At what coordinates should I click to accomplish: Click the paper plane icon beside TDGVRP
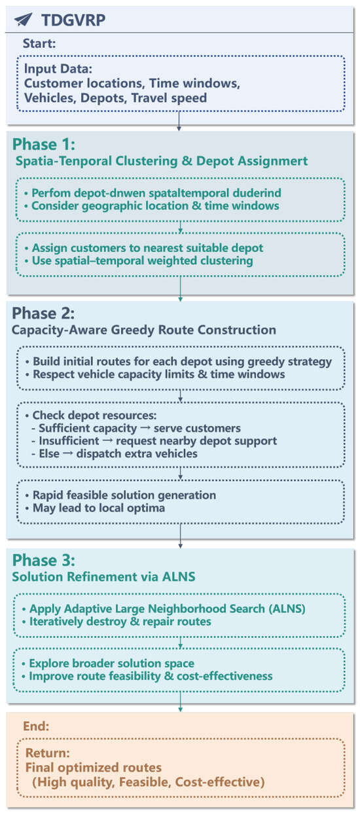pyautogui.click(x=24, y=20)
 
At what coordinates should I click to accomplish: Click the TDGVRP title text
pyautogui.click(x=73, y=20)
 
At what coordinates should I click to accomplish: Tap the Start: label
pyautogui.click(x=39, y=44)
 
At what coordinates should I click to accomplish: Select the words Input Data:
pyautogui.click(x=58, y=69)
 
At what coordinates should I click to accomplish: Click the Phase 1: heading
pyautogui.click(x=44, y=144)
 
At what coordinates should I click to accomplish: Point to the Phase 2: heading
pyautogui.click(x=43, y=313)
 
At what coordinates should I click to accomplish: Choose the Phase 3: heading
pyautogui.click(x=44, y=560)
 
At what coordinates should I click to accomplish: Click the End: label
pyautogui.click(x=36, y=726)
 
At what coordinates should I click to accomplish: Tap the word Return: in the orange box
pyautogui.click(x=48, y=752)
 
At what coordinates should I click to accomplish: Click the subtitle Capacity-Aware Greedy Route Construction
pyautogui.click(x=144, y=330)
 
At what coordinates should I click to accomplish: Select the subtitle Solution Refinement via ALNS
pyautogui.click(x=103, y=576)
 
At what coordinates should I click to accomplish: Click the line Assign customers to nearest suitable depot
pyautogui.click(x=144, y=248)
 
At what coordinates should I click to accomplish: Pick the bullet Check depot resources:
pyautogui.click(x=91, y=416)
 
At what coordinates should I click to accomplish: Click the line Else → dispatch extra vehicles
pyautogui.click(x=115, y=453)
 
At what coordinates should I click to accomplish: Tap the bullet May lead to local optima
pyautogui.click(x=95, y=508)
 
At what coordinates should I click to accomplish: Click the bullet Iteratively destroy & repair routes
pyautogui.click(x=117, y=622)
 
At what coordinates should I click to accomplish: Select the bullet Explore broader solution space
pyautogui.click(x=108, y=664)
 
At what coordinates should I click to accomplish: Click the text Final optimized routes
pyautogui.click(x=94, y=767)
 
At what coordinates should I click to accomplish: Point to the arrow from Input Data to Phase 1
pyautogui.click(x=179, y=121)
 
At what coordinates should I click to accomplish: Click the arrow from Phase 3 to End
pyautogui.click(x=180, y=701)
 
